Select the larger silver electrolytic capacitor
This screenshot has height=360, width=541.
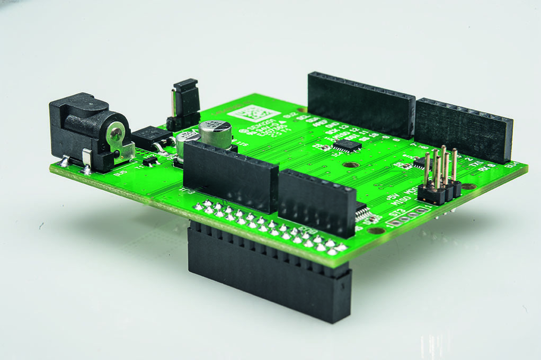click(x=216, y=134)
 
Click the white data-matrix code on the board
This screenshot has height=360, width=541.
click(x=253, y=114)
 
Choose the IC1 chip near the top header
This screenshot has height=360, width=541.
click(x=347, y=145)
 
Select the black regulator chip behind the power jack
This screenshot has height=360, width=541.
click(x=150, y=138)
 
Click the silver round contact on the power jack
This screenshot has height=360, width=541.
click(x=116, y=132)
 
